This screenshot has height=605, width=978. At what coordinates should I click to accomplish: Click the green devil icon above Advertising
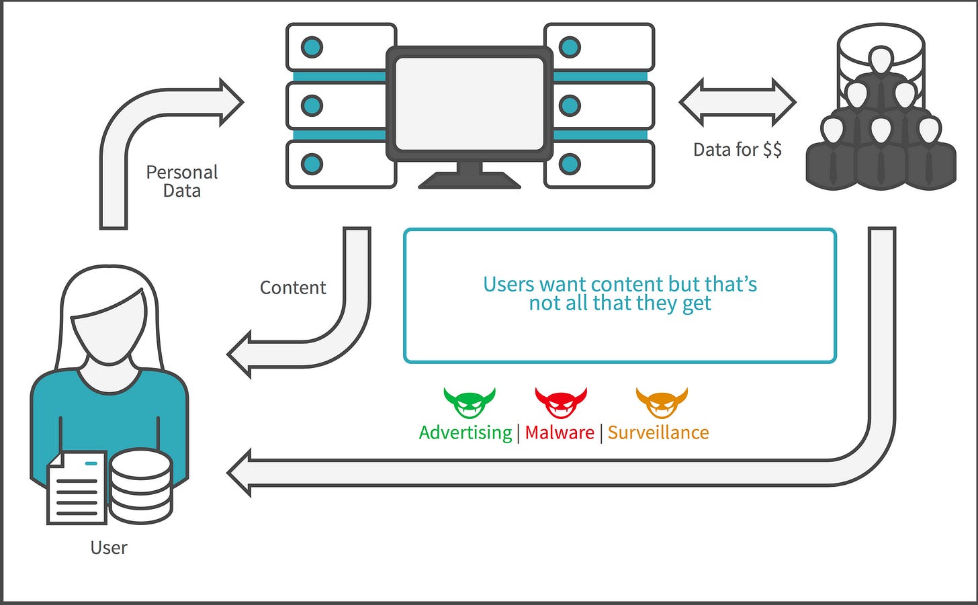[470, 402]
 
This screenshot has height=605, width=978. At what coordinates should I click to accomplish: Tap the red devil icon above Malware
[561, 402]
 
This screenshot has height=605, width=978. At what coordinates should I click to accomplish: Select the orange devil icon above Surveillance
[662, 402]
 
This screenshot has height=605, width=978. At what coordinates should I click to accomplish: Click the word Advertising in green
[465, 433]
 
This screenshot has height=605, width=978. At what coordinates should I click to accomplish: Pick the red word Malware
[560, 432]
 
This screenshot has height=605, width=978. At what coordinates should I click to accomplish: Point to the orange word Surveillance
[658, 432]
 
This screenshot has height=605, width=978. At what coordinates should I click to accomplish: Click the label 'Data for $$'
[738, 150]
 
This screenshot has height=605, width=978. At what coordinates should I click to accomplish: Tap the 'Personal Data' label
[182, 181]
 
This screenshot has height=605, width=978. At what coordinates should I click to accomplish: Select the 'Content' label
[293, 287]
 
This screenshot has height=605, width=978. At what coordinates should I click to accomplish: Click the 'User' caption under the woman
[109, 548]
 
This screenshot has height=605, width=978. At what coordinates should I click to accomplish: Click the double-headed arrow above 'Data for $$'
[738, 103]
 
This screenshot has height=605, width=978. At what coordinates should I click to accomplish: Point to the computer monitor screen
[470, 104]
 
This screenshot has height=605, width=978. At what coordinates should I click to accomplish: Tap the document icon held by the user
[77, 487]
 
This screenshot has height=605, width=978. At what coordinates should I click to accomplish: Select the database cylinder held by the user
[141, 486]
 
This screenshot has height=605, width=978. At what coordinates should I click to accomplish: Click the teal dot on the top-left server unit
[312, 47]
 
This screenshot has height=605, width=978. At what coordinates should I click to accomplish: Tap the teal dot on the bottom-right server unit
[570, 164]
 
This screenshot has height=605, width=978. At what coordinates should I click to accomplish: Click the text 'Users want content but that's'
[620, 284]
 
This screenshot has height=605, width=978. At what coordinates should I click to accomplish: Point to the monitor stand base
[470, 180]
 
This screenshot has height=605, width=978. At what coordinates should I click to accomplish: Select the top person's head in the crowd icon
[881, 59]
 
